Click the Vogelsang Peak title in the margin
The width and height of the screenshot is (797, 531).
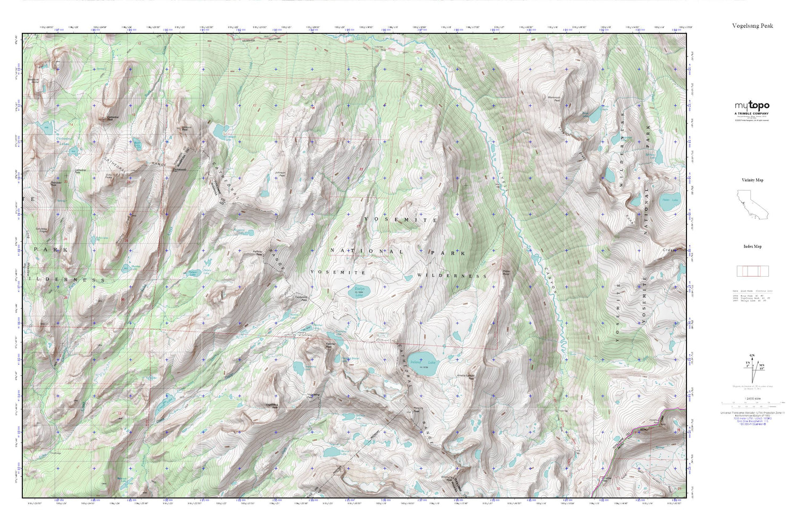[x=752, y=25]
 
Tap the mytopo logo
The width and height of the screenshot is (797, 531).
[x=752, y=106]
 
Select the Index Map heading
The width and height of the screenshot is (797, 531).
[x=752, y=246]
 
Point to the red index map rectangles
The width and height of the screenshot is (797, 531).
[x=752, y=271]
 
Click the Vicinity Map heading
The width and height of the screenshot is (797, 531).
[x=752, y=180]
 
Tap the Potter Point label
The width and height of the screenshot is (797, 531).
[x=506, y=273]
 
